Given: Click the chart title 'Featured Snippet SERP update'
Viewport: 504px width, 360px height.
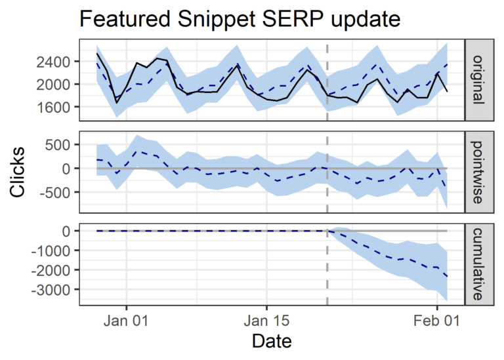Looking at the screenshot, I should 240,20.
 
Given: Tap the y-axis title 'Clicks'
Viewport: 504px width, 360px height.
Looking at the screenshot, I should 19,172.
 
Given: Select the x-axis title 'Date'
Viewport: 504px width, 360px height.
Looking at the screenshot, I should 272,341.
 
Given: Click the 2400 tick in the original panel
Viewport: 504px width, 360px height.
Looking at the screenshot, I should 56,62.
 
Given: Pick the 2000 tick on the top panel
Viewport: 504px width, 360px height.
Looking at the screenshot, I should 56,84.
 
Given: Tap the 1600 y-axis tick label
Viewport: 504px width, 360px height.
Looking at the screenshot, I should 56,106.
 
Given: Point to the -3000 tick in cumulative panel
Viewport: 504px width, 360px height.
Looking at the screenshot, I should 53,289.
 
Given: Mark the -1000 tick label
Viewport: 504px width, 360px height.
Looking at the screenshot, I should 53,250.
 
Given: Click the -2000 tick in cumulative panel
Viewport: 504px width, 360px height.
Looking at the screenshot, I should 53,270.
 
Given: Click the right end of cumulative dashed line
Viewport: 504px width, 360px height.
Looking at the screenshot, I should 447,277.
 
